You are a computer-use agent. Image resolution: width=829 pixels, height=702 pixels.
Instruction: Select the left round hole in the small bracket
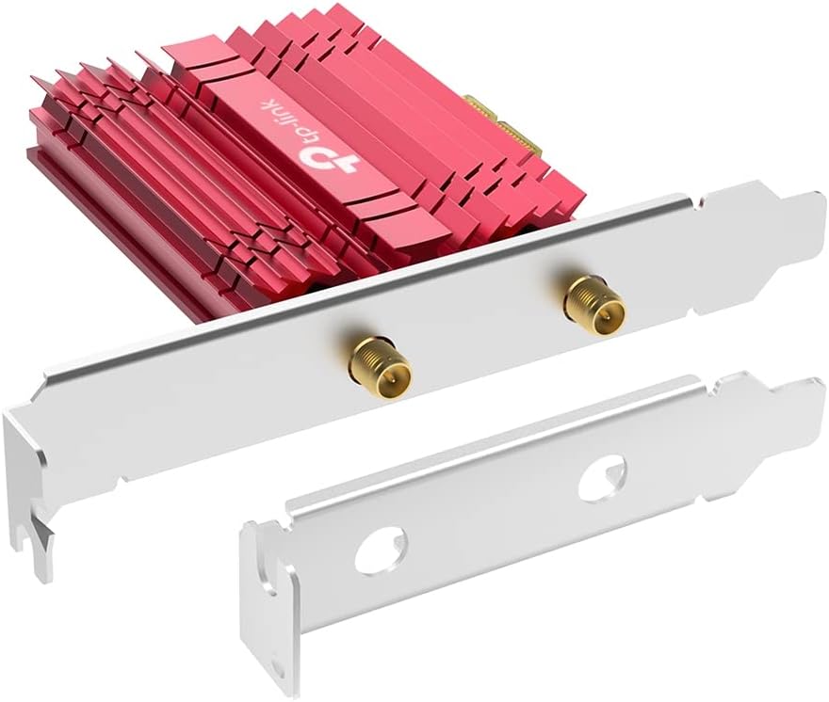(381, 549)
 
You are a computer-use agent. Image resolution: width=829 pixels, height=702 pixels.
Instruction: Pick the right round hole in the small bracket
(600, 477)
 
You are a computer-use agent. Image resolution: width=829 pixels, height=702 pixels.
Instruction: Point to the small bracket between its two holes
(490, 514)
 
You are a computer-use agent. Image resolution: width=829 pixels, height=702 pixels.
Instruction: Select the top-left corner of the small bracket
(248, 523)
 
